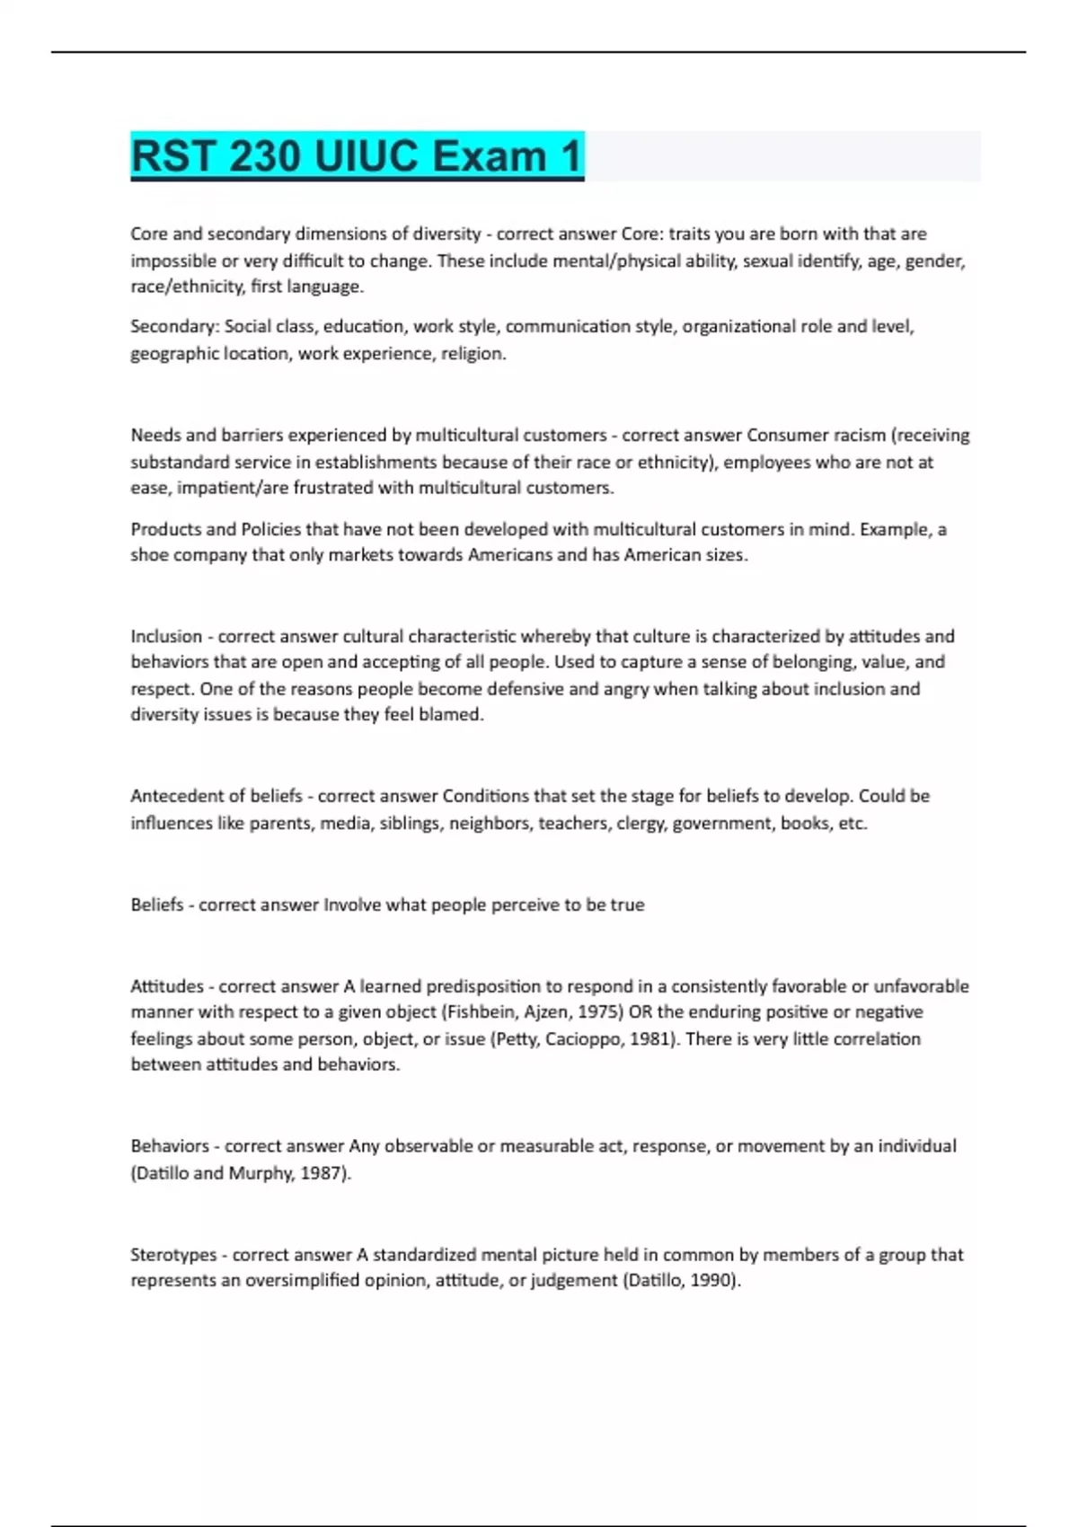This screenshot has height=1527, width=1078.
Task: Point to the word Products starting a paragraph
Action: click(x=161, y=529)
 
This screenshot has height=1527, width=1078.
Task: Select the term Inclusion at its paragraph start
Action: click(x=166, y=636)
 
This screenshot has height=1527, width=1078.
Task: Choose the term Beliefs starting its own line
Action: click(x=157, y=905)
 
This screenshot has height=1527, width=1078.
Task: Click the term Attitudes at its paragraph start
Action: click(x=167, y=986)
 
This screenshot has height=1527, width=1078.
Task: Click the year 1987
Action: click(x=323, y=1173)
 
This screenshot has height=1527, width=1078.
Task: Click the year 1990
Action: click(x=714, y=1281)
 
